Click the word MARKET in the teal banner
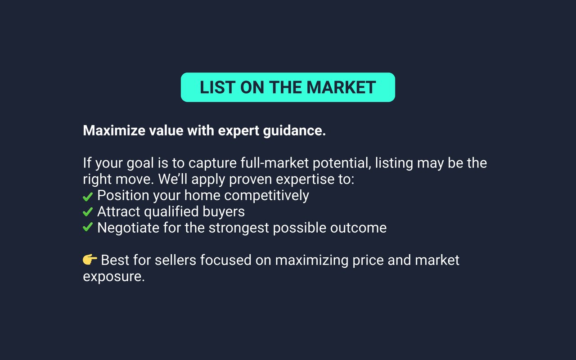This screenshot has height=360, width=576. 341,87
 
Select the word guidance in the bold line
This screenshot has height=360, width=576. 294,131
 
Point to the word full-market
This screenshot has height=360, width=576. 274,163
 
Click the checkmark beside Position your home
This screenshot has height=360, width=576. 88,197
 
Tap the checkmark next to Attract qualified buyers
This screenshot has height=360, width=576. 88,212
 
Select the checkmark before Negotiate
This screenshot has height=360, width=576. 88,227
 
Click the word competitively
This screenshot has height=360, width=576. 266,196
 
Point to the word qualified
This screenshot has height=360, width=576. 171,212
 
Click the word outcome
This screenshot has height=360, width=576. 358,228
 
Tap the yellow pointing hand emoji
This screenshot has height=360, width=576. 90,259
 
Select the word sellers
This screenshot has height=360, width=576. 175,260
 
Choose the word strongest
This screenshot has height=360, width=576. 239,228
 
